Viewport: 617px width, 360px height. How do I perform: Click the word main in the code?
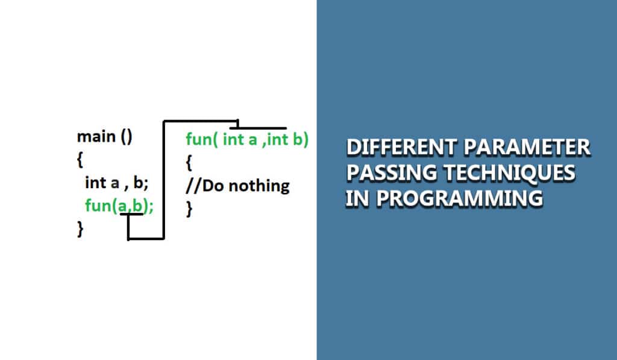tap(96, 137)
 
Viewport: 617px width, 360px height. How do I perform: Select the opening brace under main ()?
tap(80, 160)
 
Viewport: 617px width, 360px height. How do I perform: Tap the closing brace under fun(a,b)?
tap(80, 229)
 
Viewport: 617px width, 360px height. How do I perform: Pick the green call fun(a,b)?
tap(119, 206)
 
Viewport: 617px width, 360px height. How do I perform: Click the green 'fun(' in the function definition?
tap(201, 141)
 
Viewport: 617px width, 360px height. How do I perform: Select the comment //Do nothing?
tap(237, 186)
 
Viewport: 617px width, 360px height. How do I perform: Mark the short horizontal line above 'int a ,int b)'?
tap(262, 128)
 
